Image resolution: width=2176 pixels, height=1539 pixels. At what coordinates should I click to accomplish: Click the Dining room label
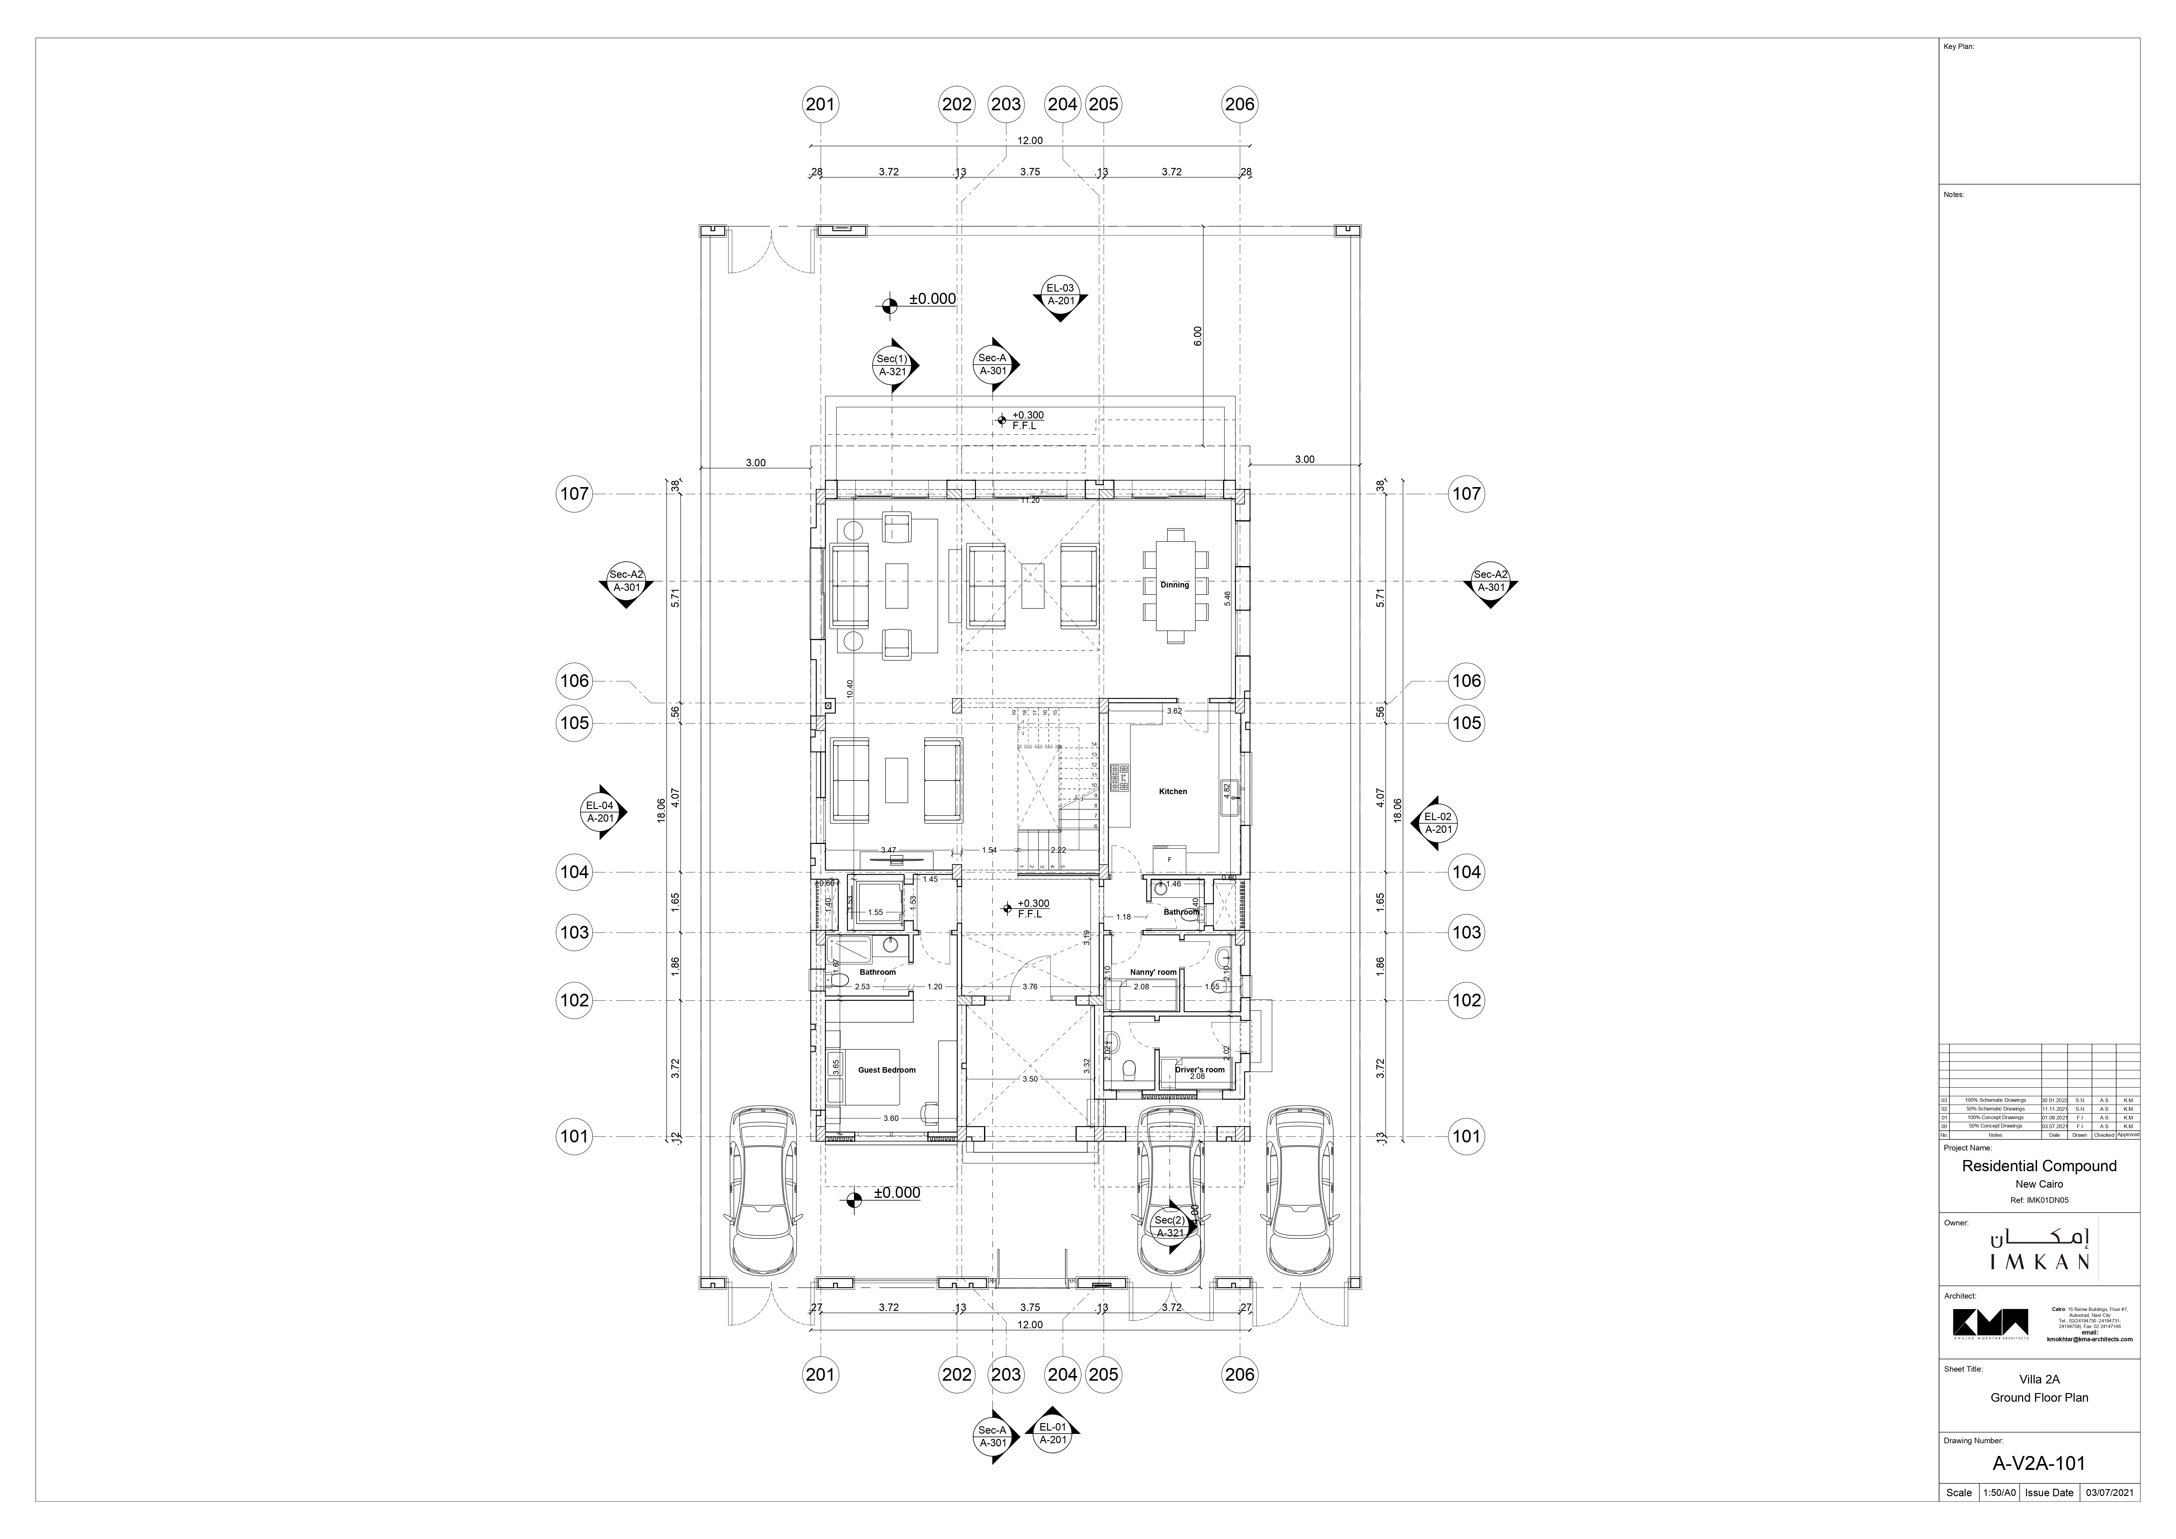point(1174,585)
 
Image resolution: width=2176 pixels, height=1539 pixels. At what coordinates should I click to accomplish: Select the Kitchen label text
point(1172,791)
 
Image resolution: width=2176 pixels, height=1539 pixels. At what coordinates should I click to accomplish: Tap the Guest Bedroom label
point(886,1070)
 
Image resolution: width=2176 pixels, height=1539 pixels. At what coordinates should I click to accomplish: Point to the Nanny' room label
point(1152,972)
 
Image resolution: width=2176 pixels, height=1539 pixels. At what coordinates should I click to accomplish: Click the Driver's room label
point(1199,1070)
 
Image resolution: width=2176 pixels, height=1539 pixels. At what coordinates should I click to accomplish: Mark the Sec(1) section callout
point(892,365)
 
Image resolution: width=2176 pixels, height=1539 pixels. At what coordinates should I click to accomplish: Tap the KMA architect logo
point(1989,1324)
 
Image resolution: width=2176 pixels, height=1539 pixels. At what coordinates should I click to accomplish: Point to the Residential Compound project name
point(2039,1166)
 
